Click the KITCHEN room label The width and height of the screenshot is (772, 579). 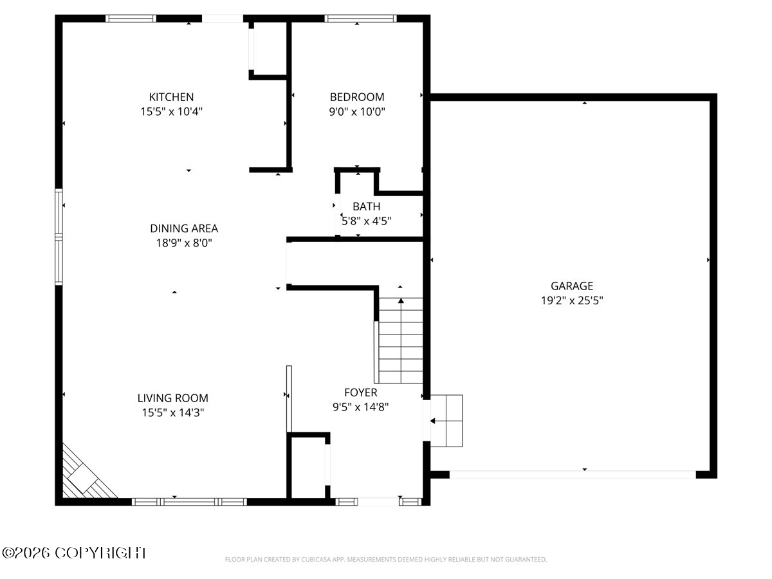171,97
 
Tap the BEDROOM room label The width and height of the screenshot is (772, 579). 357,97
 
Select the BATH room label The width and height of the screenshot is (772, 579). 367,207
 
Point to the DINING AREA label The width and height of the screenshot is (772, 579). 184,228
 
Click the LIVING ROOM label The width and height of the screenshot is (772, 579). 172,398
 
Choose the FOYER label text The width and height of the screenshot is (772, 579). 360,392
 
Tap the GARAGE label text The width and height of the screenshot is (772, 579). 572,286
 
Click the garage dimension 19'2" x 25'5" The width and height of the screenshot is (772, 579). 572,300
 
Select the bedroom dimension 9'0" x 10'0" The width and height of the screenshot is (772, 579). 357,112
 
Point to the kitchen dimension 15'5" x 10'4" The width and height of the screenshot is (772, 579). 171,112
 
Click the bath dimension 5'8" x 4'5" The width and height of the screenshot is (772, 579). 367,221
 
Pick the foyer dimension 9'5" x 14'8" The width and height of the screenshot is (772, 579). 360,407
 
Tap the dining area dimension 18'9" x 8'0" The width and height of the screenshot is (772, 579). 184,243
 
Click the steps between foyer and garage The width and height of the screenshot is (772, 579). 446,421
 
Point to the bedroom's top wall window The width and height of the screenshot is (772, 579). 360,18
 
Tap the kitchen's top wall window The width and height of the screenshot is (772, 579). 131,18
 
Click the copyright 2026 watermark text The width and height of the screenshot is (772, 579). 74,553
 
